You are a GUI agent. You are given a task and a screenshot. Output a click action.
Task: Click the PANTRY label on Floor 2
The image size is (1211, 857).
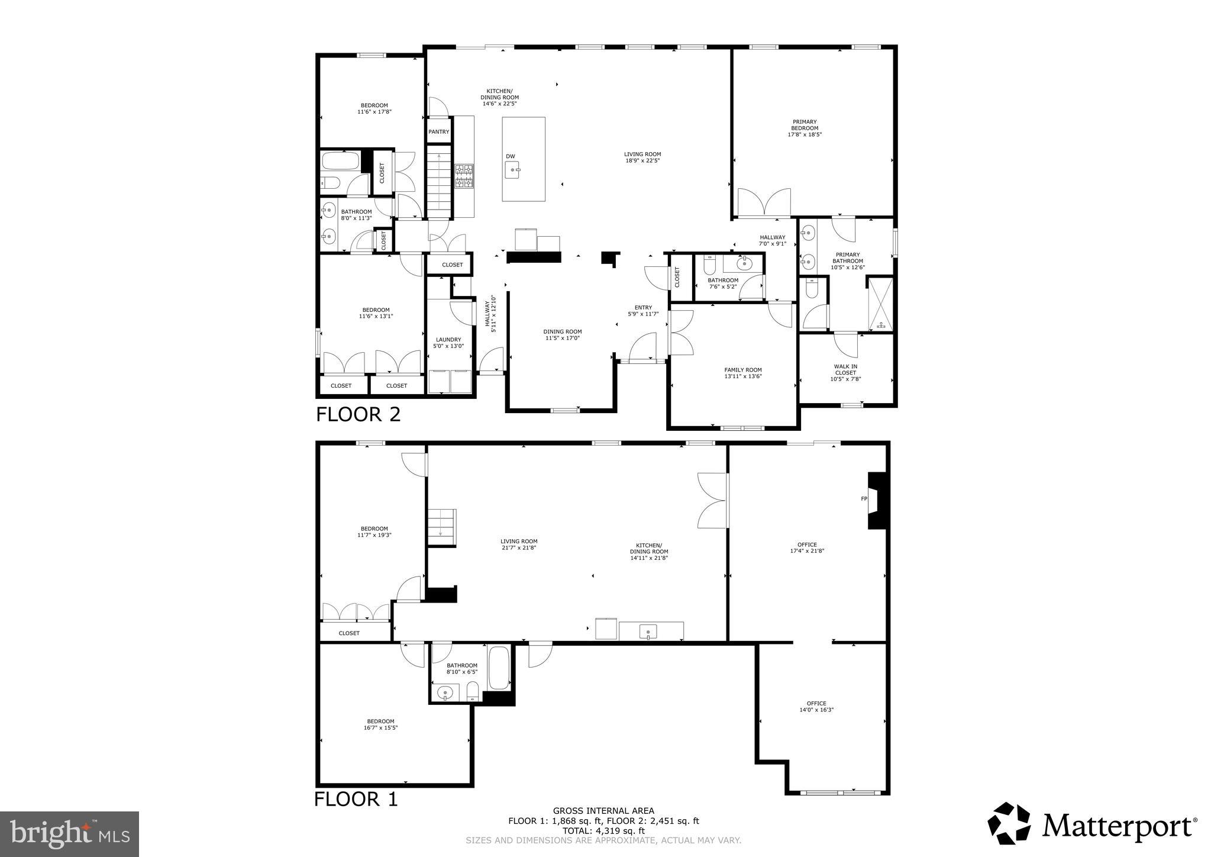click(x=438, y=132)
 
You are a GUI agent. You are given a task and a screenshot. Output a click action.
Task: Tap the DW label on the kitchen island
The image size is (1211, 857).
click(x=510, y=156)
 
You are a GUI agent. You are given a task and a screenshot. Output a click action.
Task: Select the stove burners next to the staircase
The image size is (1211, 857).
click(x=464, y=176)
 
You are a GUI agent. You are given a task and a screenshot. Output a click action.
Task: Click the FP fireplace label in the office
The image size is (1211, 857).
click(x=864, y=499)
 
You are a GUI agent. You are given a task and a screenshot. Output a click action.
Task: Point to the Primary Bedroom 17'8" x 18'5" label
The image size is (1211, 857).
click(x=805, y=128)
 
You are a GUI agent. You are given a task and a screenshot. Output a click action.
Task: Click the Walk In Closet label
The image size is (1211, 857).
click(x=845, y=373)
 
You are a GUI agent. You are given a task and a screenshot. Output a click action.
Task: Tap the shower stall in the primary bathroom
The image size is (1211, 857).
click(x=880, y=304)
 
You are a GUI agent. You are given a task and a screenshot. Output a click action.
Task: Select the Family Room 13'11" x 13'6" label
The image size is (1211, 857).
click(x=743, y=373)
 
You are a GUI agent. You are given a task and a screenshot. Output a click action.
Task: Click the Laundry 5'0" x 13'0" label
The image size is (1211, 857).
click(x=449, y=343)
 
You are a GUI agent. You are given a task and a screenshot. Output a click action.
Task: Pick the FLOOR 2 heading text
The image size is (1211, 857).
click(x=358, y=414)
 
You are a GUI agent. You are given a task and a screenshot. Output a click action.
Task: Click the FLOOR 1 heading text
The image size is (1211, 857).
click(x=356, y=799)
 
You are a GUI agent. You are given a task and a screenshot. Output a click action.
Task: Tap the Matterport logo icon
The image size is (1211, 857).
click(x=1009, y=823)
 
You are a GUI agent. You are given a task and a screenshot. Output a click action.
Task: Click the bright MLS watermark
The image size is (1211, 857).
click(x=70, y=834)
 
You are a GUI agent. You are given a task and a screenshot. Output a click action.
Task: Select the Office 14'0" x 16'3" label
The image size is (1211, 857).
click(x=816, y=707)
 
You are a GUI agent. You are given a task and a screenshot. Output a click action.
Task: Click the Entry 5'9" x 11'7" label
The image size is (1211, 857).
click(x=643, y=311)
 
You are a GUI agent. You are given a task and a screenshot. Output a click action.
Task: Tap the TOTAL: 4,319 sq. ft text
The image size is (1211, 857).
click(x=603, y=831)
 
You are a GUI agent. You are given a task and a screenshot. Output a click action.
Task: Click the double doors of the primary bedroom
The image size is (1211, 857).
click(x=764, y=202)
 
